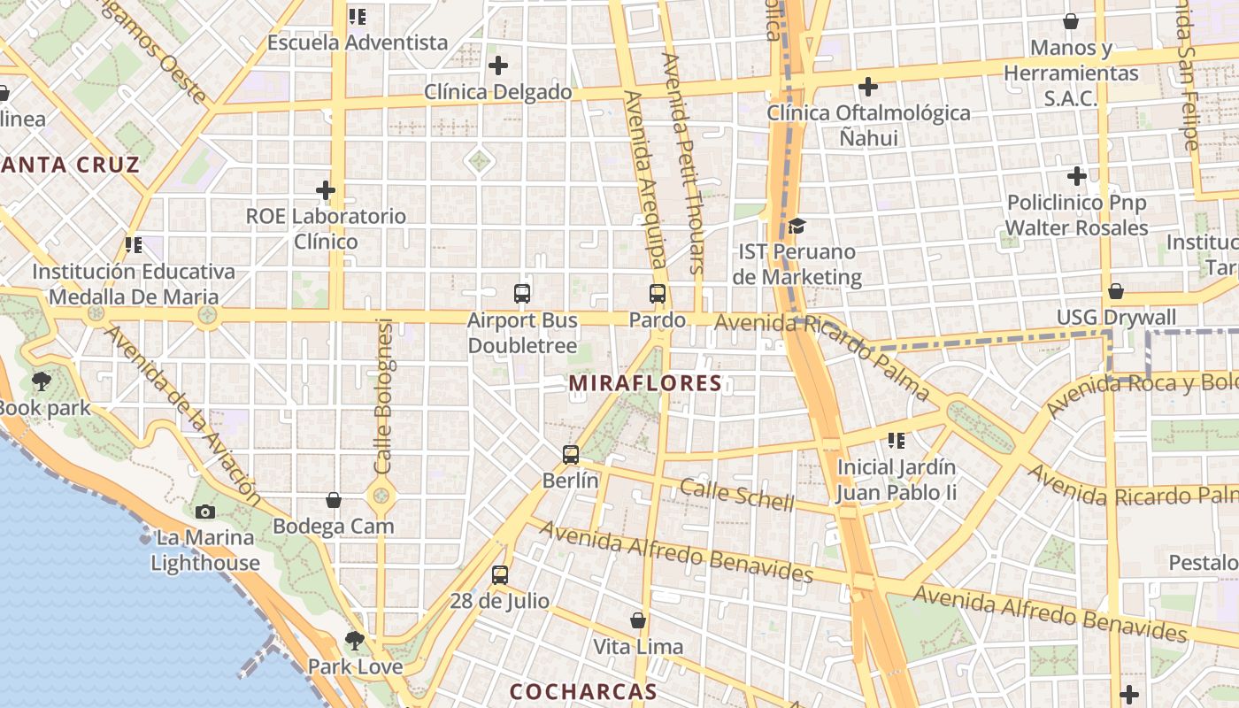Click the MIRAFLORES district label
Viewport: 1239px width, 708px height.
click(646, 383)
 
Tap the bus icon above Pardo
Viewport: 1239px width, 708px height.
click(658, 294)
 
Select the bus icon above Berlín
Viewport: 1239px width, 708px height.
click(571, 455)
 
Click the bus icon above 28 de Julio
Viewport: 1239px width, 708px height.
click(500, 575)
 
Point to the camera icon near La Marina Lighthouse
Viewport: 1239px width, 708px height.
click(204, 512)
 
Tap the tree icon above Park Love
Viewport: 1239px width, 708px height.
click(355, 640)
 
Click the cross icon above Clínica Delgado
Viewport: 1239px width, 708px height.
click(498, 65)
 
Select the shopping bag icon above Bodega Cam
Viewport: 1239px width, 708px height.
click(334, 501)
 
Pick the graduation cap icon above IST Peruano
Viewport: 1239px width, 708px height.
click(796, 226)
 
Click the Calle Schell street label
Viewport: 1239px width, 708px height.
click(737, 494)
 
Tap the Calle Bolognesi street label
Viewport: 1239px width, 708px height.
click(383, 396)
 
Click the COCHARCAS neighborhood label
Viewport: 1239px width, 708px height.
click(583, 691)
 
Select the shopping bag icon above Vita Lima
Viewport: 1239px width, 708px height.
click(638, 620)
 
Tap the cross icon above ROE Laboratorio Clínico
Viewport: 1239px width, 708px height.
click(326, 190)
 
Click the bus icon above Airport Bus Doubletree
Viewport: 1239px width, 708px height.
click(522, 294)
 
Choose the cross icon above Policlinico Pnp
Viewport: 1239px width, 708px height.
click(1077, 176)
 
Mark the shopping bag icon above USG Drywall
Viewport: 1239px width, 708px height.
click(1116, 291)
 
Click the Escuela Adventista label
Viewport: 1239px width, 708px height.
click(358, 42)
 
